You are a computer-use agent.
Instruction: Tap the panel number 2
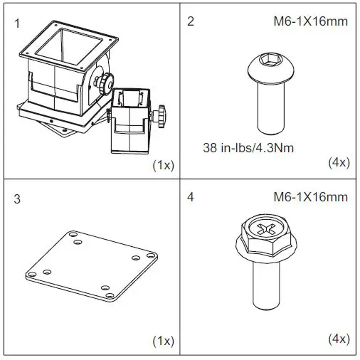click(x=190, y=21)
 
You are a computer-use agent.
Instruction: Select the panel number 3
click(x=18, y=198)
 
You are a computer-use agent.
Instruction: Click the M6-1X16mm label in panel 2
click(x=310, y=21)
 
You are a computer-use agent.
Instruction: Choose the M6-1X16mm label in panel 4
click(x=310, y=197)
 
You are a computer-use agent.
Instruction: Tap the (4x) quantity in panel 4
click(x=337, y=339)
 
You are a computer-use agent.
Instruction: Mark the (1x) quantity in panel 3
click(x=164, y=340)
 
